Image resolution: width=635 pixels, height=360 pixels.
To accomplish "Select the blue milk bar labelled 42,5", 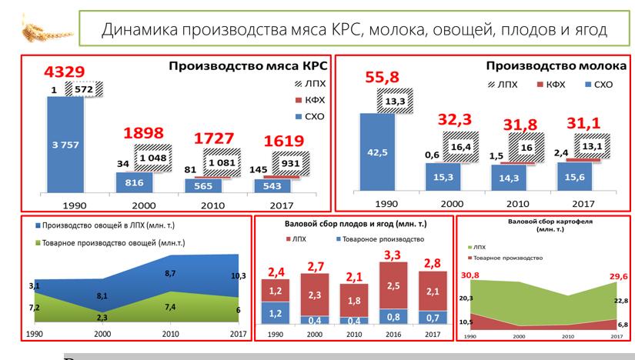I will coord(377,152).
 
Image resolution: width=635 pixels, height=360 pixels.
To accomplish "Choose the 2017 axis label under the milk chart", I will coord(583,204).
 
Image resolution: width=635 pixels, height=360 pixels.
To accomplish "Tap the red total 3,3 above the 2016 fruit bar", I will coord(391,254).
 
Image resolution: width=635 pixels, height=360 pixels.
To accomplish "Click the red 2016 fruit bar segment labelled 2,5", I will coord(391,285).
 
